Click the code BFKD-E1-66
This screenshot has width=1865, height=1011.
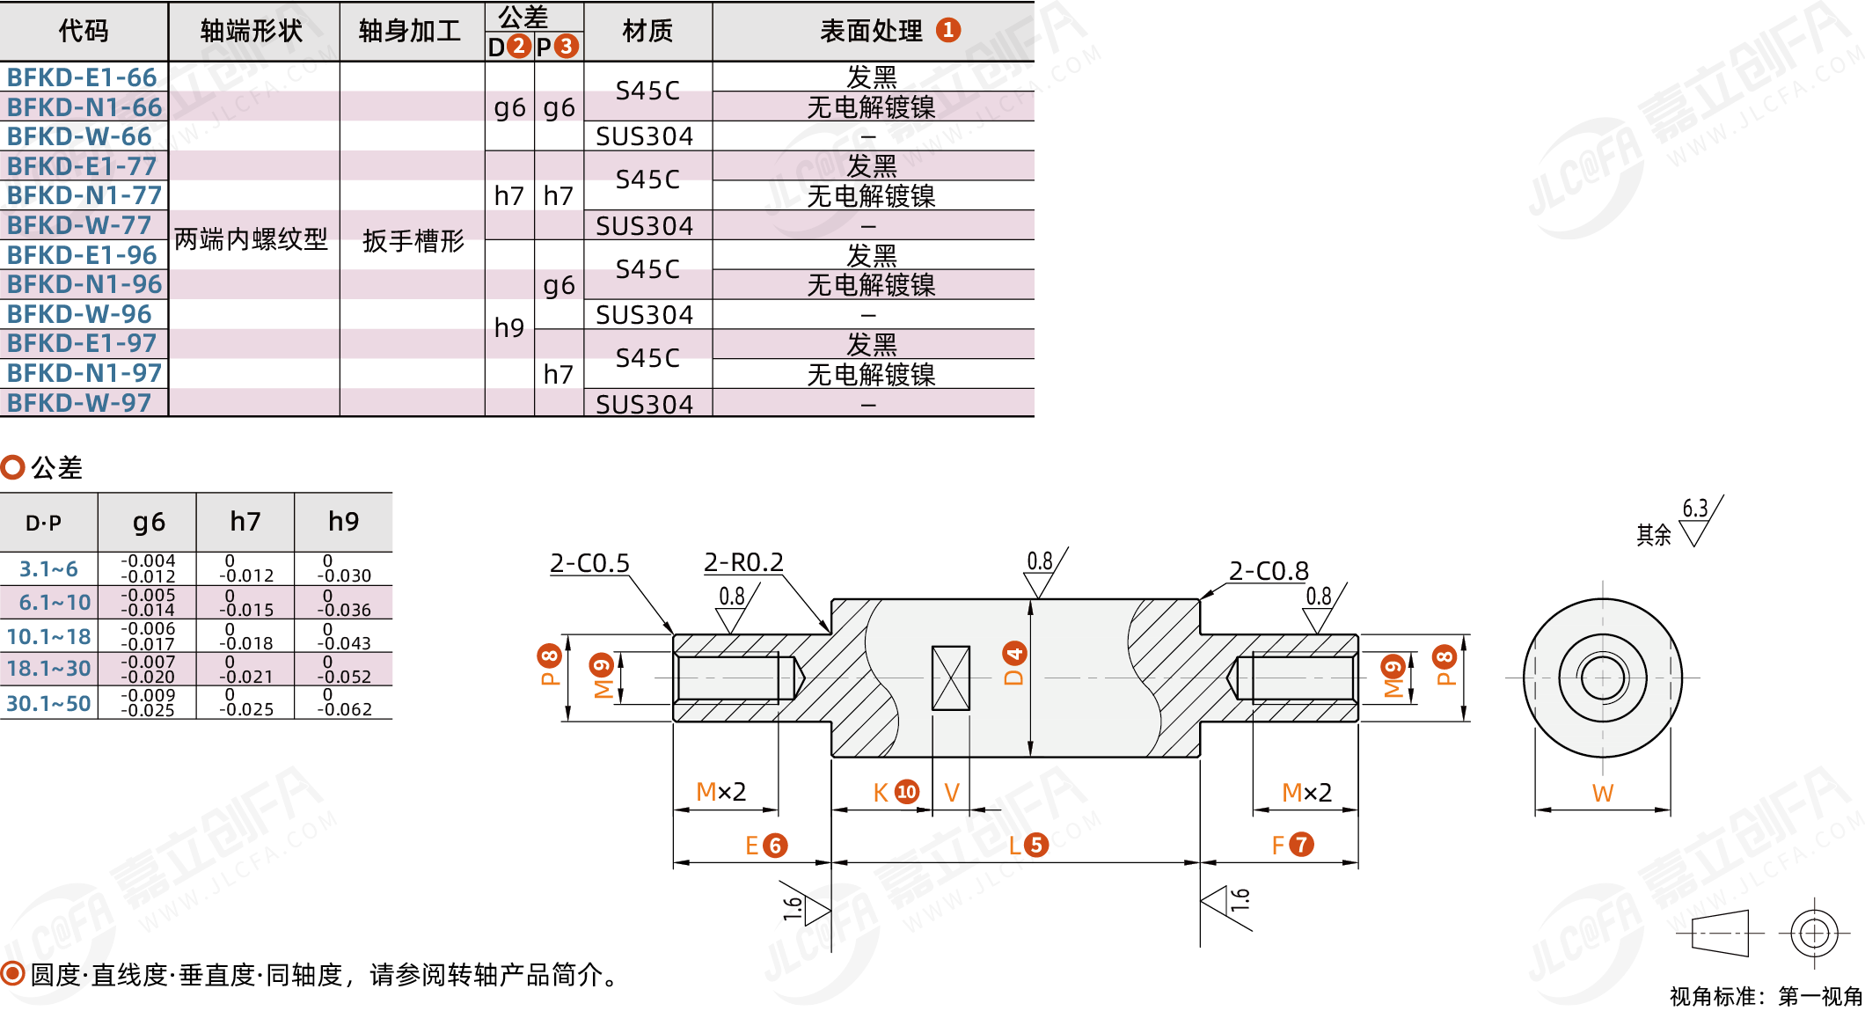[x=82, y=77]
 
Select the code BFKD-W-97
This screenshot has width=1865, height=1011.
[x=79, y=403]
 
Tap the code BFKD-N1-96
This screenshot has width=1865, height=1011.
[x=84, y=284]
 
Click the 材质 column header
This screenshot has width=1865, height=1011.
[x=647, y=31]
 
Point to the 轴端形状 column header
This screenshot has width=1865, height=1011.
[x=252, y=31]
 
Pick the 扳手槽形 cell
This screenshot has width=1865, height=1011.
[x=413, y=240]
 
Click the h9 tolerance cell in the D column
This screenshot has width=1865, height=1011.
[x=509, y=327]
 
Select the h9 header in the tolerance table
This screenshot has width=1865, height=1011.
[x=343, y=522]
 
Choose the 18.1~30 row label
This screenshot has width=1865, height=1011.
[x=48, y=669]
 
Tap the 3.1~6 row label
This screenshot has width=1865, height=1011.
[x=48, y=569]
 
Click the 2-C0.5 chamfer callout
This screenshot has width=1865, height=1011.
[x=589, y=563]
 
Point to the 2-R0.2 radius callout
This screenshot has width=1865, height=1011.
[x=743, y=562]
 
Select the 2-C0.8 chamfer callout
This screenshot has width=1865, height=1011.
[x=1269, y=571]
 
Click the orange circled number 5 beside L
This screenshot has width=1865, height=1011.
[x=1036, y=845]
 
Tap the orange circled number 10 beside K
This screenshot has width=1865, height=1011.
[x=907, y=792]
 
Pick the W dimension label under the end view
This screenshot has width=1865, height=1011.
[x=1603, y=794]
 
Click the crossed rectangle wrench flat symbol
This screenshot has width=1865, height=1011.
[x=951, y=678]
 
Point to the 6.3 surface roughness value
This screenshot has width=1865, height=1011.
[x=1695, y=509]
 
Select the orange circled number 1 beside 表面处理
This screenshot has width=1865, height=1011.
[x=948, y=30]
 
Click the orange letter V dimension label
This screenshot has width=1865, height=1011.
[x=952, y=793]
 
